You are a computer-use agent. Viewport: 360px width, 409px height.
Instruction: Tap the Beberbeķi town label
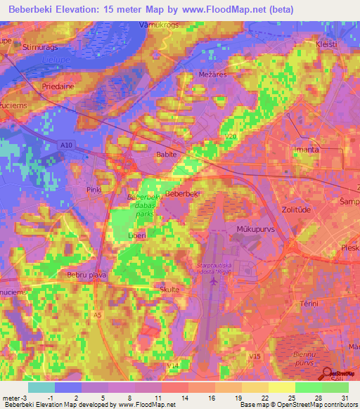183,194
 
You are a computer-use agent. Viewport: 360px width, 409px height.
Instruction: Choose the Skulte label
170,290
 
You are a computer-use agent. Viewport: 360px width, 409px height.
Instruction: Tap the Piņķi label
95,190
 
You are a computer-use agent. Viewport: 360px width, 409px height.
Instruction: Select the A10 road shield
67,145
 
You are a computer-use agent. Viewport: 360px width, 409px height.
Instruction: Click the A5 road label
98,316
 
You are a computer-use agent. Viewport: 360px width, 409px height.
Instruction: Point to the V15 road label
255,357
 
